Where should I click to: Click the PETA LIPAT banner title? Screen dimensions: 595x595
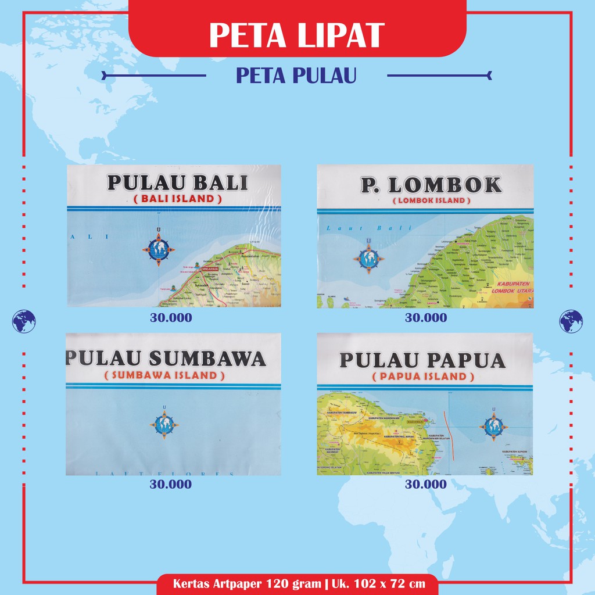pyautogui.click(x=297, y=35)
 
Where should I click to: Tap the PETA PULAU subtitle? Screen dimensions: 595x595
pyautogui.click(x=296, y=76)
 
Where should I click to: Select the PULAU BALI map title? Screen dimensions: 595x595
pyautogui.click(x=177, y=183)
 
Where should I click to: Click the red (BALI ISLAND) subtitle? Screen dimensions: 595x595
pyautogui.click(x=174, y=199)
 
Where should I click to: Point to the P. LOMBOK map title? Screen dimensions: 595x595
pyautogui.click(x=431, y=185)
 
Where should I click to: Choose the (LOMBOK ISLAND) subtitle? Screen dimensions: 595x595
pyautogui.click(x=431, y=200)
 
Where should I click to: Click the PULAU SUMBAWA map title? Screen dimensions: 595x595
pyautogui.click(x=167, y=359)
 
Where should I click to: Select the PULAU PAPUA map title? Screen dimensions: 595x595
pyautogui.click(x=422, y=360)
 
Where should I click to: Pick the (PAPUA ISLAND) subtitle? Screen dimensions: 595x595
pyautogui.click(x=422, y=377)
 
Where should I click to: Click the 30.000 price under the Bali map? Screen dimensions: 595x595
pyautogui.click(x=170, y=318)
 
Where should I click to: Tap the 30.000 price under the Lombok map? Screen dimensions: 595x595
pyautogui.click(x=426, y=318)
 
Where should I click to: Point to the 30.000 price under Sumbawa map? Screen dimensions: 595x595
pyautogui.click(x=170, y=485)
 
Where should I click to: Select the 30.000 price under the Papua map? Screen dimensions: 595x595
pyautogui.click(x=426, y=485)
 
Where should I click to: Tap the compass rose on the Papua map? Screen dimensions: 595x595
pyautogui.click(x=493, y=427)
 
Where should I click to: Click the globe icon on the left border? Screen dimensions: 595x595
pyautogui.click(x=24, y=321)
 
